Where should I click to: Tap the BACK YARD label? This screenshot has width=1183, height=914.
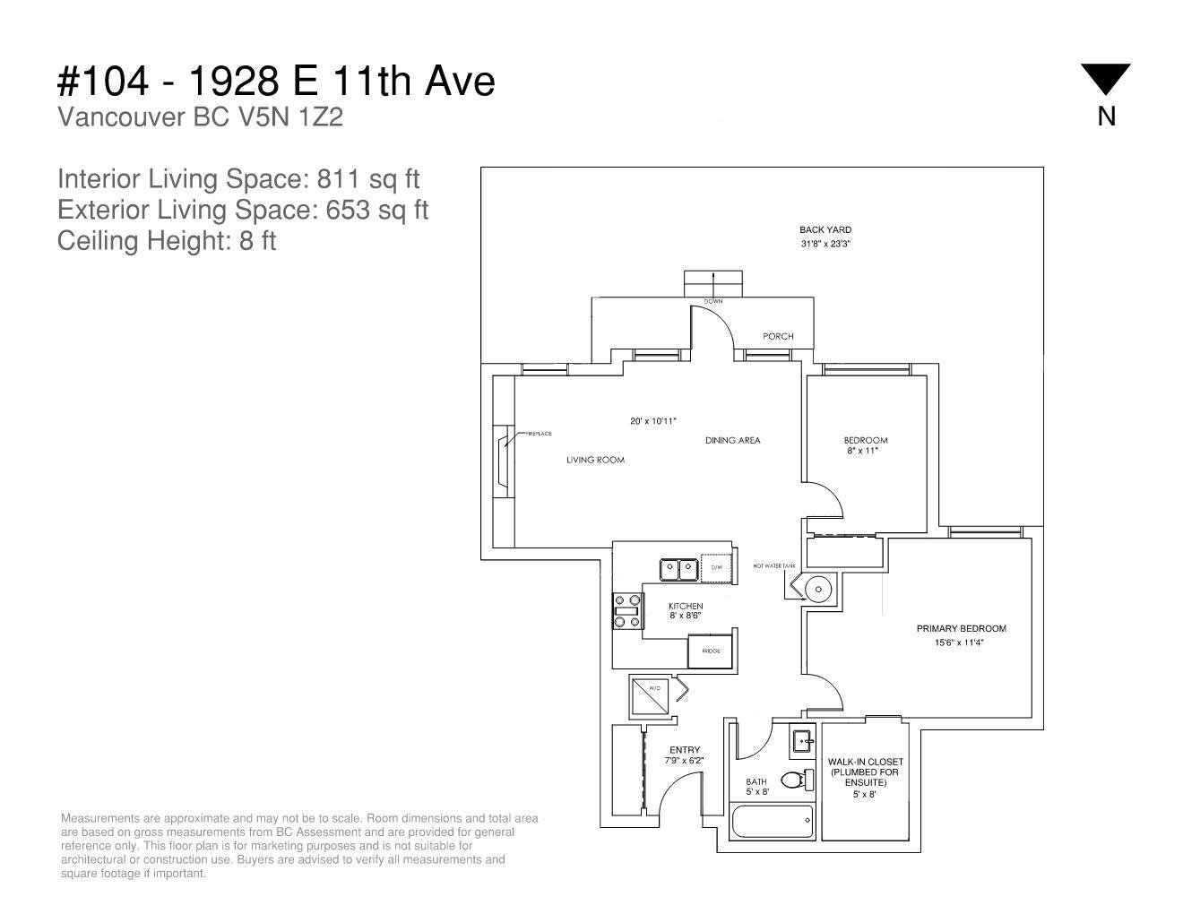tap(825, 229)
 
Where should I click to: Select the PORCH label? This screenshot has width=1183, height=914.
tap(778, 336)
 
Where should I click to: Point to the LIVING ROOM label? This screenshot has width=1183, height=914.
tap(596, 460)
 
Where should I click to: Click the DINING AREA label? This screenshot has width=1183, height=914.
tap(733, 440)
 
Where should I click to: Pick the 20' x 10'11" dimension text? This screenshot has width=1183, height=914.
tap(653, 421)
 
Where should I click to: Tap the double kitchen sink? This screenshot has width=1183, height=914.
tap(678, 570)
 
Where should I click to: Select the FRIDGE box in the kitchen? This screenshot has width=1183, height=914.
tap(710, 651)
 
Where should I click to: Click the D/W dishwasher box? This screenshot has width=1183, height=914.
tap(716, 568)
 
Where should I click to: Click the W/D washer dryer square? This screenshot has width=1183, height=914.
tap(650, 695)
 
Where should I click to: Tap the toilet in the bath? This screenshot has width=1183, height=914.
tap(798, 780)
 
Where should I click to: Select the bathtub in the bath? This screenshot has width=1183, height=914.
tap(772, 822)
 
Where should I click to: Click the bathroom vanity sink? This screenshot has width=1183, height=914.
tap(802, 740)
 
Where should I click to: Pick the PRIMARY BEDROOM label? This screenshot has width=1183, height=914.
tap(962, 629)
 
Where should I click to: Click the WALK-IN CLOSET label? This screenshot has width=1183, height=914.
tap(866, 762)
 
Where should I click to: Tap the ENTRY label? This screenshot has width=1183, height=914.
tap(685, 750)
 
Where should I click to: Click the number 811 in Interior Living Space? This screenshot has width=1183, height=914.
tap(339, 178)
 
